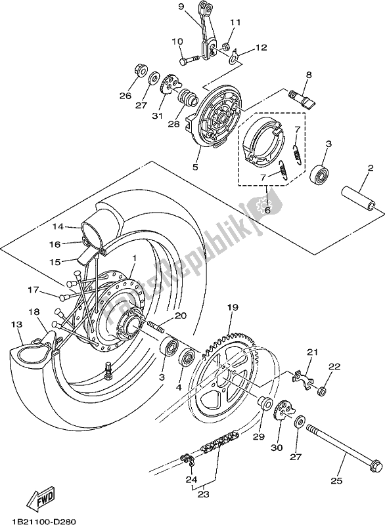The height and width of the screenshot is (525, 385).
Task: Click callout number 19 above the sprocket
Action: coord(232,307)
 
